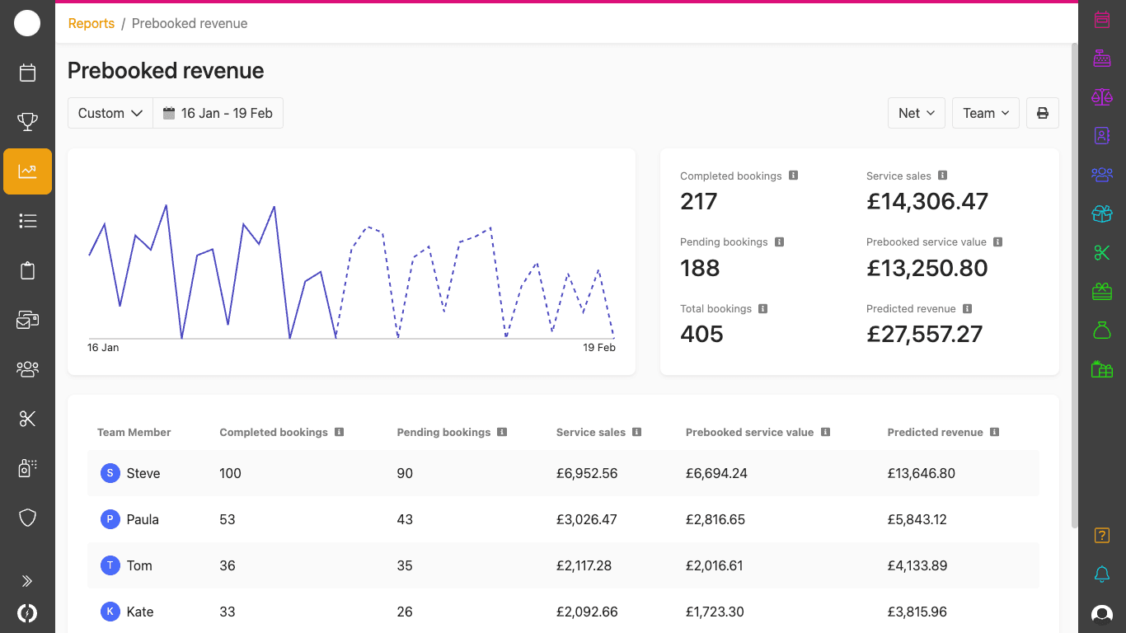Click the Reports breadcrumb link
91,24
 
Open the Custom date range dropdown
110,114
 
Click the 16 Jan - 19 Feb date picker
218,114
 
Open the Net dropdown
916,114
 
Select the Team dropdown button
985,114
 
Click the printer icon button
1042,114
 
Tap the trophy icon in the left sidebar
27,123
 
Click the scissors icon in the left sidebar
27,419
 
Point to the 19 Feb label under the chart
598,348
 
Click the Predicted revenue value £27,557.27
924,335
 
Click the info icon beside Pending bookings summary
779,242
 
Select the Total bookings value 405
701,335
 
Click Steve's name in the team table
143,474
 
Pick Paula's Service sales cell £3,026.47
586,520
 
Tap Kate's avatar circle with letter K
110,612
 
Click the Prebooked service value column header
749,433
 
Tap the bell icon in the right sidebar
1101,574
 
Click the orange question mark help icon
1101,536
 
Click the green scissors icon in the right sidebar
1101,253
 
